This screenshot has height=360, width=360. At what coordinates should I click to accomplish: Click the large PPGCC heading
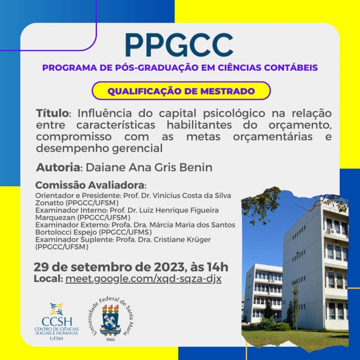tap(179, 45)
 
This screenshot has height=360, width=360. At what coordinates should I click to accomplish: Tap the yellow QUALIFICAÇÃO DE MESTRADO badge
tap(181, 91)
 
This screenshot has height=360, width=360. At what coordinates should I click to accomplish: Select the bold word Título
tap(52, 113)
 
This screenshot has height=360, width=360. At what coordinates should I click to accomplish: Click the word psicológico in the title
tap(234, 114)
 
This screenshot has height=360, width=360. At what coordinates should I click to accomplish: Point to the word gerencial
tap(137, 149)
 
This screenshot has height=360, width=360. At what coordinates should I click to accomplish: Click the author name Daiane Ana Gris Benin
tap(149, 167)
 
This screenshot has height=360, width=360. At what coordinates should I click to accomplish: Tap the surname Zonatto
tap(49, 203)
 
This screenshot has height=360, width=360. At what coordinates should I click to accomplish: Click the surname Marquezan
tap(55, 217)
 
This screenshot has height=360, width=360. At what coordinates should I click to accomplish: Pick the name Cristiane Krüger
tap(182, 239)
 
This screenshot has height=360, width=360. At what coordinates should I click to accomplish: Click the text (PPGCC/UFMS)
tap(126, 232)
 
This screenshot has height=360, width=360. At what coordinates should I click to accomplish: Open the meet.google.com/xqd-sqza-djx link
tap(143, 279)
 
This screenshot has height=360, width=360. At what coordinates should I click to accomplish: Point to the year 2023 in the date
tap(169, 267)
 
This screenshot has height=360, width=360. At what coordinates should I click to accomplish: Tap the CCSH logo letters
tap(57, 322)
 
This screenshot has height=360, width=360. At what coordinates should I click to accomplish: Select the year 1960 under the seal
tap(110, 340)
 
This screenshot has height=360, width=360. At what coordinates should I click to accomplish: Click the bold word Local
tap(48, 279)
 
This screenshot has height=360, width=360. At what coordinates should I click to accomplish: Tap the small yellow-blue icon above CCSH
tap(57, 309)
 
